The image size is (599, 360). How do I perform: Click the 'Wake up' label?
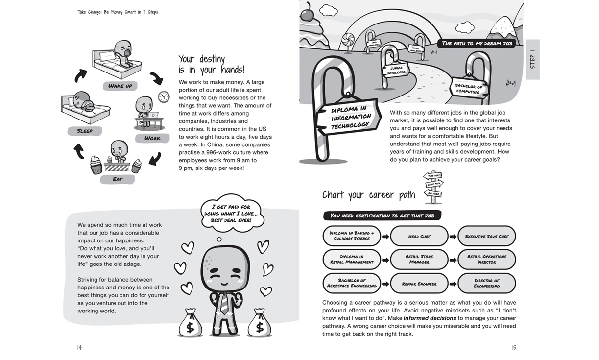(120, 86)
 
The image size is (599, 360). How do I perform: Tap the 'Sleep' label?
(85, 131)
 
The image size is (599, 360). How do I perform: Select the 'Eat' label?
(118, 179)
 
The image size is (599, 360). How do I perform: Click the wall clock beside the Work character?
(164, 96)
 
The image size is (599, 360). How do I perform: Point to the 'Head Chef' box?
(419, 236)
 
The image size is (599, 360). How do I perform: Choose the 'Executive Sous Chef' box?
(486, 236)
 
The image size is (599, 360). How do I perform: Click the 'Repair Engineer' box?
(419, 284)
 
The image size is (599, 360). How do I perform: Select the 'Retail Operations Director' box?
(486, 259)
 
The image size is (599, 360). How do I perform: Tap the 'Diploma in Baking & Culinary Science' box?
(352, 236)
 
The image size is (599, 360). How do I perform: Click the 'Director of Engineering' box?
(486, 283)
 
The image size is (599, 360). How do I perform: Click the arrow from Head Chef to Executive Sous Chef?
(453, 237)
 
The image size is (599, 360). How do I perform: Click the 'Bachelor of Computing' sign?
(468, 89)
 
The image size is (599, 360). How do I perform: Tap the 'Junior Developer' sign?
(396, 71)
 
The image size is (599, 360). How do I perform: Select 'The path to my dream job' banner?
(477, 43)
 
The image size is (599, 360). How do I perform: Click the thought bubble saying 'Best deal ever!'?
(232, 214)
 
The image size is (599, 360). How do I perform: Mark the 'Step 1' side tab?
(532, 59)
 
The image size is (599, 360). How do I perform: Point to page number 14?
(79, 348)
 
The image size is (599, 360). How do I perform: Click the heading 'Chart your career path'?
(368, 195)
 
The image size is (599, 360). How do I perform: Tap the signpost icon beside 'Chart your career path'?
(433, 187)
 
